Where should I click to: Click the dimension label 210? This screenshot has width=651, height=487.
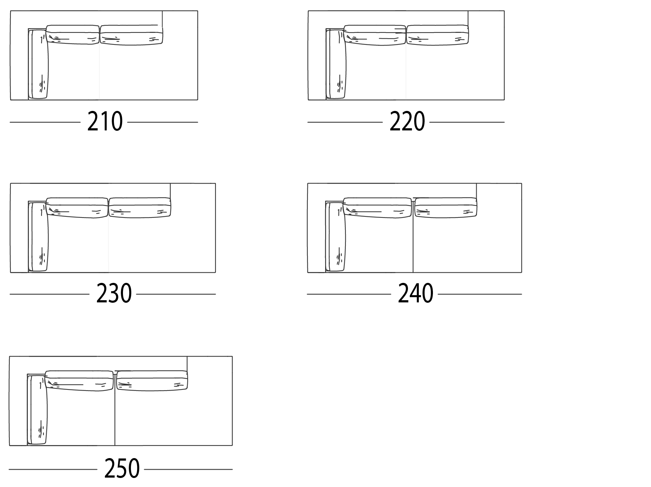[x=105, y=122]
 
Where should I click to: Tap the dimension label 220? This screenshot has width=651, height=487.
[x=407, y=122]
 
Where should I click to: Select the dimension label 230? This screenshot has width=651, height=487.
[x=114, y=294]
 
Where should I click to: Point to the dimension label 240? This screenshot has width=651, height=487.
[x=415, y=294]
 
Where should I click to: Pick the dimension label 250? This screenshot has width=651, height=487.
[x=122, y=469]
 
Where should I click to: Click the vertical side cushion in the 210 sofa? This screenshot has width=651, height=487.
[x=39, y=64]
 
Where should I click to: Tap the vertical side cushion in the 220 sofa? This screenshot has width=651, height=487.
[x=337, y=64]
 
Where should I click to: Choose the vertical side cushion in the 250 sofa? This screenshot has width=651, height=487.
[x=38, y=410]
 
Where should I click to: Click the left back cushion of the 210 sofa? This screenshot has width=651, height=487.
[x=73, y=35]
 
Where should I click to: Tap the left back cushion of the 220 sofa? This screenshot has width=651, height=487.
[x=375, y=35]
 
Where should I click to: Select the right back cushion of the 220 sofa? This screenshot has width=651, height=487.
[x=438, y=35]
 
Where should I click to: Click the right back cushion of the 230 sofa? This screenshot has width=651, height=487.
[x=140, y=207]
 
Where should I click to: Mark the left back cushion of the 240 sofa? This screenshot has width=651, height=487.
[x=378, y=208]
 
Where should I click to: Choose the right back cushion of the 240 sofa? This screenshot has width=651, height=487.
[x=446, y=208]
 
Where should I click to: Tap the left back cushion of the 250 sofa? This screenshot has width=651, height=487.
[x=80, y=381]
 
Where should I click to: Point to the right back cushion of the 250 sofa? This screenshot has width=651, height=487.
[x=152, y=380]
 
